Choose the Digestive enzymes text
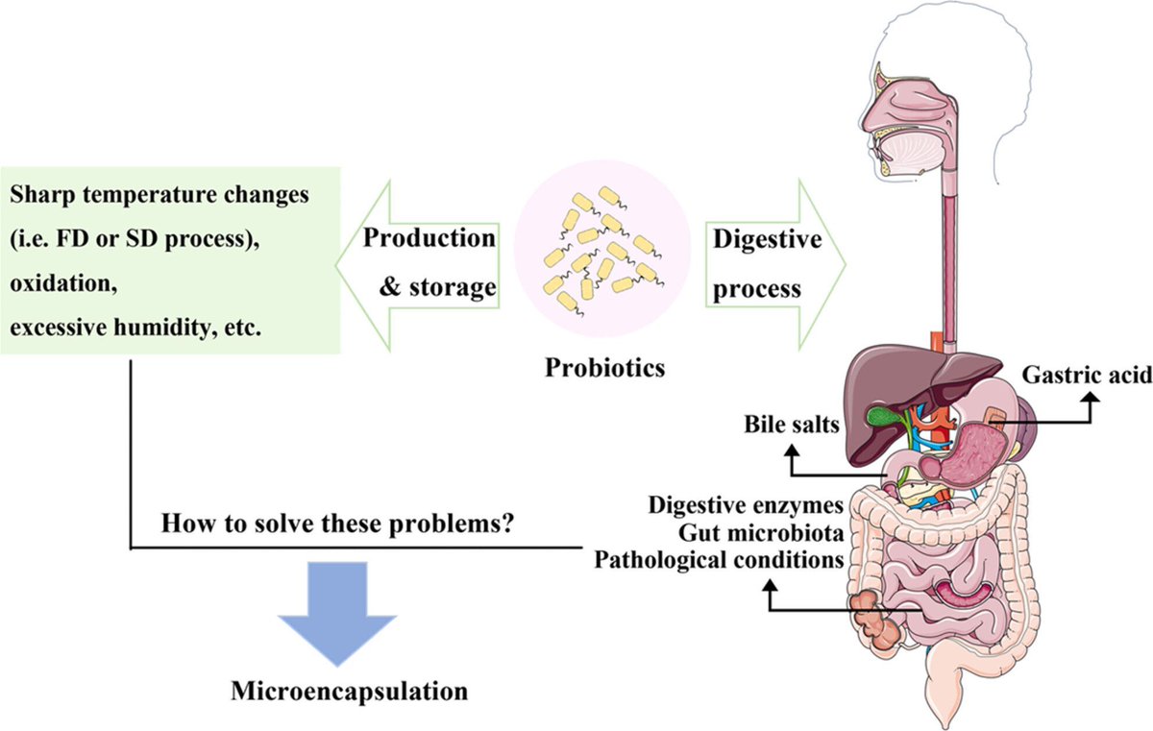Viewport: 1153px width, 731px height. click(746, 505)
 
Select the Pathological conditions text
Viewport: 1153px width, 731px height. click(719, 558)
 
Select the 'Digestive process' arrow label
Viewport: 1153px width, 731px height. click(766, 261)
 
